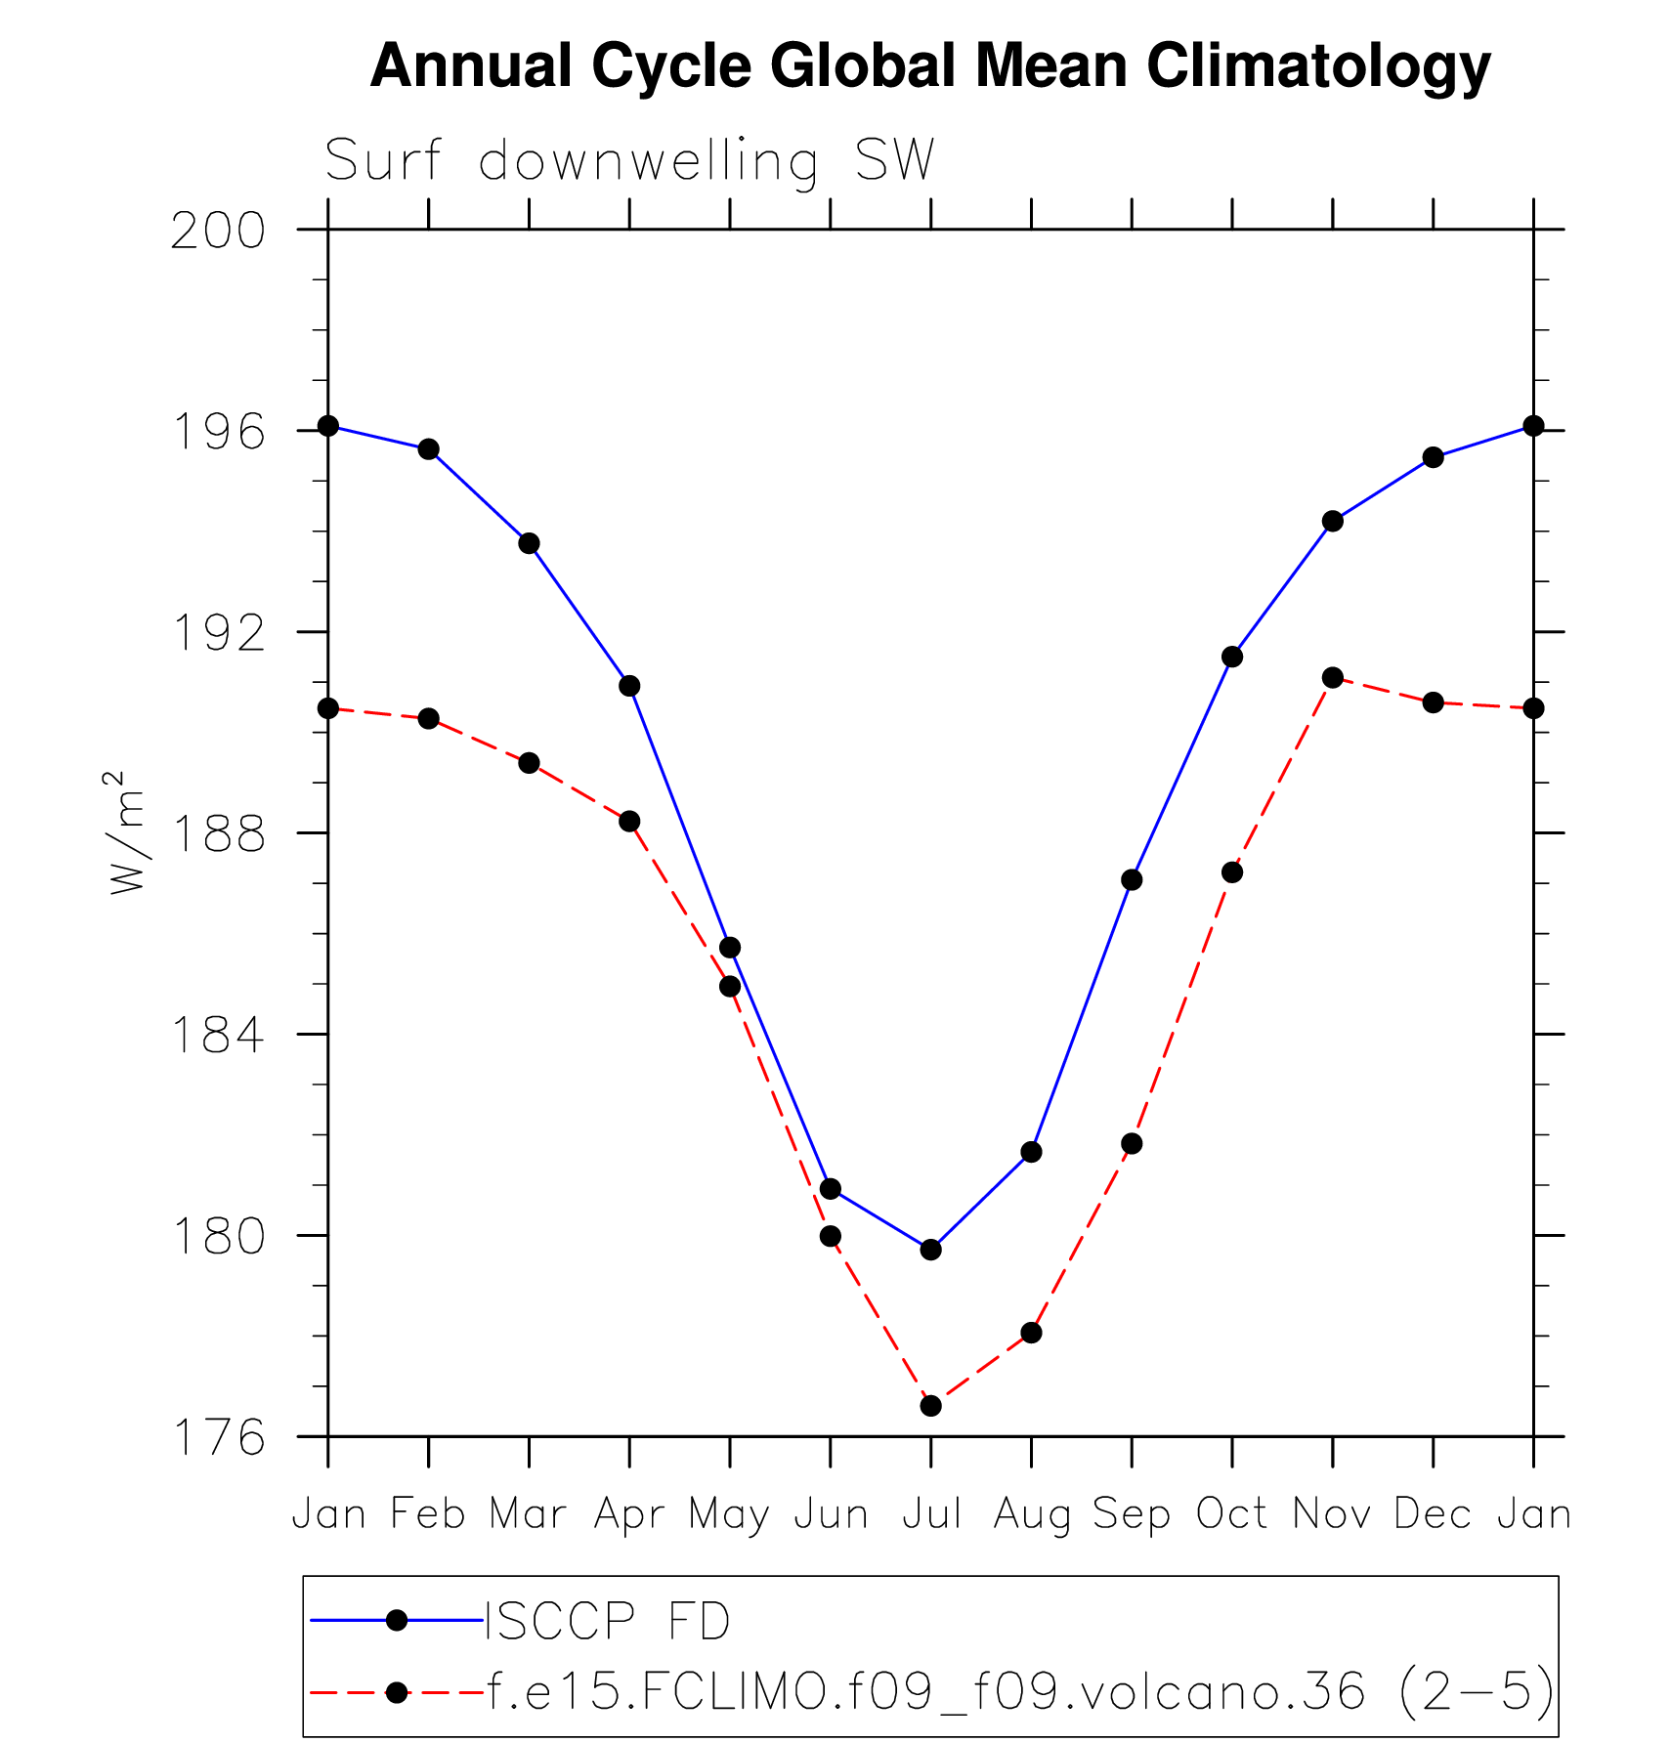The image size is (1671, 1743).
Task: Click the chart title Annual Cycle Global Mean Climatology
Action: point(929,66)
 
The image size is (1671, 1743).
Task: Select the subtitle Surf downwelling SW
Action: point(630,161)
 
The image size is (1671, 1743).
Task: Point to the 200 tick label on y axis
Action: point(218,232)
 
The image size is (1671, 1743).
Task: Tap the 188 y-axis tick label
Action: point(218,834)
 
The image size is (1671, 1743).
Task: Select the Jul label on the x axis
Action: point(930,1514)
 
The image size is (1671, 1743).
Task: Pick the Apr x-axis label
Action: point(629,1514)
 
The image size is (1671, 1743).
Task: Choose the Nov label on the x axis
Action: point(1332,1514)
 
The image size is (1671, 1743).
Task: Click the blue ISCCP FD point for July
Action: point(930,1250)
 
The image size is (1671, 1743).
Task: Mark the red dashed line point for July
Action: point(930,1406)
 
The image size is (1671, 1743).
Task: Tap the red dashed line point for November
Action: point(1332,677)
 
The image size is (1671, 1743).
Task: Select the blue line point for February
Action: point(428,449)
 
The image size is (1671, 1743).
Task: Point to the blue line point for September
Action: point(1132,880)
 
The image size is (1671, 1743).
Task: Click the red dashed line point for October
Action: point(1232,872)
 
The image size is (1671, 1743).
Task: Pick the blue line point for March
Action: point(529,543)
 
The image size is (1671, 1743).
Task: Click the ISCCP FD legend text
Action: point(608,1621)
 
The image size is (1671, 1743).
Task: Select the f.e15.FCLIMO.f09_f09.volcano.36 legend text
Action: point(924,1691)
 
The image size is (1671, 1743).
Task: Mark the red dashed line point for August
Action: point(1031,1333)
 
